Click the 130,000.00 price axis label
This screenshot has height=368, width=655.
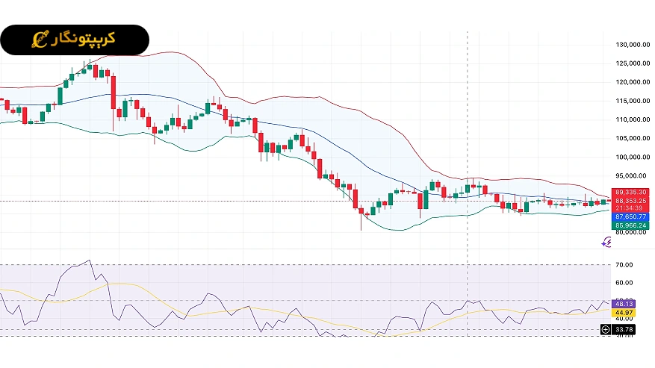[x=631, y=45]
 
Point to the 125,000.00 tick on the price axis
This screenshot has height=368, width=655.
[x=631, y=63]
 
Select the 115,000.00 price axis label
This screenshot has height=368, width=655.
[x=631, y=101]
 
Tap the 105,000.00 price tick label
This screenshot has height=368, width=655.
[x=631, y=138]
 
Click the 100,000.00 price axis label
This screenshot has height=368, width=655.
[x=631, y=157]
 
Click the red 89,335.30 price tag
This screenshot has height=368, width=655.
[x=631, y=193]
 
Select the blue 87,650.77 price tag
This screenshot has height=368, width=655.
[x=631, y=216]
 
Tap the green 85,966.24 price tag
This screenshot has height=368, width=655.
[x=631, y=225]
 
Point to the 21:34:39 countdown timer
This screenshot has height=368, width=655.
[x=631, y=208]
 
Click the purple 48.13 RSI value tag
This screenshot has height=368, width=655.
[x=624, y=304]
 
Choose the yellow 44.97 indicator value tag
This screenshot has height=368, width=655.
[x=624, y=313]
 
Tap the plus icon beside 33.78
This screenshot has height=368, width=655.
[x=605, y=329]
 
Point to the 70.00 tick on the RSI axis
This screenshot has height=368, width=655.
[x=624, y=265]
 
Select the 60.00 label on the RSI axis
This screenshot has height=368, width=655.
[x=624, y=283]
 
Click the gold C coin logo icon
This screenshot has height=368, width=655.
[x=40, y=39]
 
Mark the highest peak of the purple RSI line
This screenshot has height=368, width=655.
[x=89, y=261]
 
